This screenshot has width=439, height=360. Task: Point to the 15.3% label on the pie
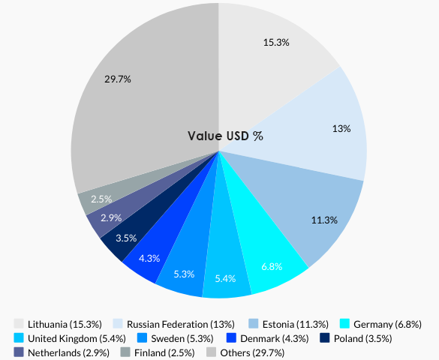(276, 43)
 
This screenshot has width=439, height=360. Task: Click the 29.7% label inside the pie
(119, 79)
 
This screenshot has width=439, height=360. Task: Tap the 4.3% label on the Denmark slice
(149, 258)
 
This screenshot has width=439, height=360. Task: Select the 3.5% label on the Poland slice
(125, 238)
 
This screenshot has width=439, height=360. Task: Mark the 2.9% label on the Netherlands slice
(111, 217)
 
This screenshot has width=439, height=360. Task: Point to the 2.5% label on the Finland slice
(101, 199)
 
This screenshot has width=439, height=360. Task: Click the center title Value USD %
(225, 136)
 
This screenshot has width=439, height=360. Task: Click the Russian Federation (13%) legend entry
(174, 324)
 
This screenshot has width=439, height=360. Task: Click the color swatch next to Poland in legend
(325, 338)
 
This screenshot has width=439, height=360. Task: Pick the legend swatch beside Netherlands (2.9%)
(19, 352)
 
